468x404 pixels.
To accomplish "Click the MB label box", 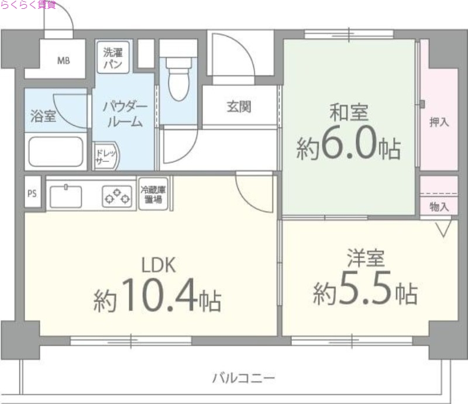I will point(63,60).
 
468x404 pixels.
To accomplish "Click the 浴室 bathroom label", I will point(43,115).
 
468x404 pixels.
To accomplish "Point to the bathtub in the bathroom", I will point(56,152).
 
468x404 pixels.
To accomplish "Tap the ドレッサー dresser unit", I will point(106,156).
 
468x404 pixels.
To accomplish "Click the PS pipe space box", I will point(32,194).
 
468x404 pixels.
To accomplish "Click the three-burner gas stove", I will point(117,196).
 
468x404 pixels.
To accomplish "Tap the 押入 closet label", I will point(439,122).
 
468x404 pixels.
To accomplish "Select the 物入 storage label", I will point(439,206).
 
